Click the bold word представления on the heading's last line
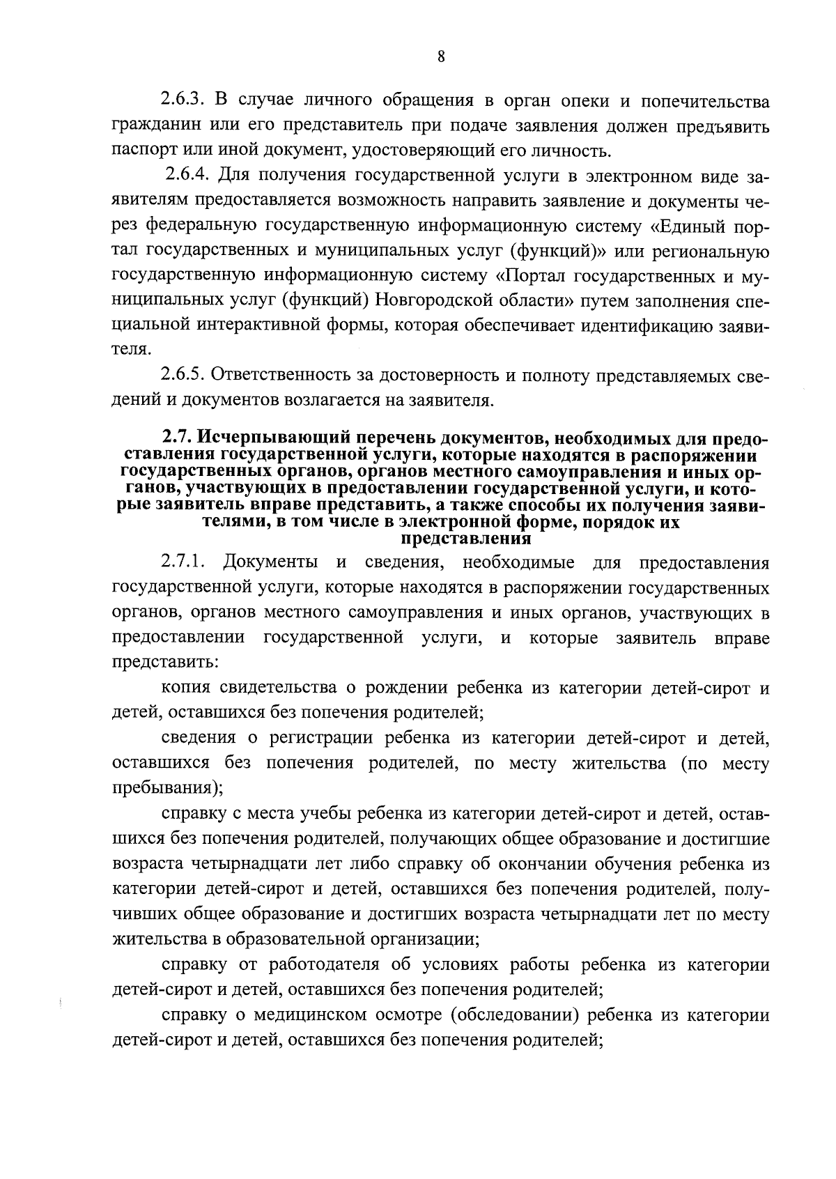[467, 539]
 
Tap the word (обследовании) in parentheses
[516, 1015]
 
